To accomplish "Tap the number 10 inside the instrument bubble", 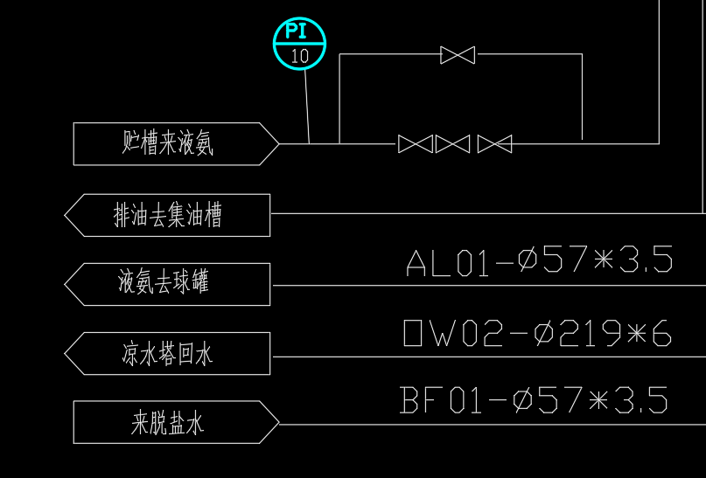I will coord(299,56).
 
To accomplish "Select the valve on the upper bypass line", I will coord(458,55).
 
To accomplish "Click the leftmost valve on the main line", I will coord(415,143).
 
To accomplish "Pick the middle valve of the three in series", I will coord(452,143).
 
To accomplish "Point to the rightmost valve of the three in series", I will coord(494,143).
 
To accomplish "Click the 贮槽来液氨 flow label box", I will coord(167,143).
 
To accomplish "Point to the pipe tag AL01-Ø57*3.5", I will coord(539,261).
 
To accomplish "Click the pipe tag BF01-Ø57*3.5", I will coord(534,400).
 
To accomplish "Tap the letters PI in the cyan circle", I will coord(299,32).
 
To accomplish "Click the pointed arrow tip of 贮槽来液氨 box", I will coord(277,143).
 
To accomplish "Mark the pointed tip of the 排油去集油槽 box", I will coord(66,215).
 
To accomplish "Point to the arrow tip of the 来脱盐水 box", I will coord(277,424).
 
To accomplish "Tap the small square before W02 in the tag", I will coord(413,334).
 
